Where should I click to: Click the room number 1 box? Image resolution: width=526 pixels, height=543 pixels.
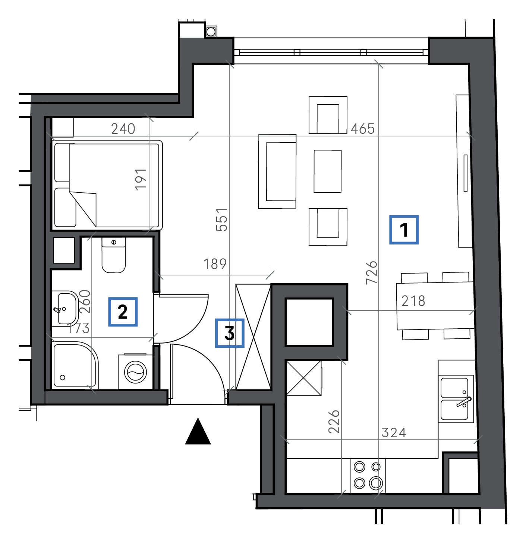(x=404, y=230)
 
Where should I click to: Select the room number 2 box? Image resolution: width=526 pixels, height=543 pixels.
(x=123, y=312)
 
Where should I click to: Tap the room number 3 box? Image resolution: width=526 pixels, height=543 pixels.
(x=229, y=333)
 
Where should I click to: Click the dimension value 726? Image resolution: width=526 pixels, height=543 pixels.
(x=372, y=273)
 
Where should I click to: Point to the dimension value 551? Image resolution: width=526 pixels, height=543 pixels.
(x=222, y=220)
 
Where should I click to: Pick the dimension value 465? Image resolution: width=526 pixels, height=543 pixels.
(x=362, y=129)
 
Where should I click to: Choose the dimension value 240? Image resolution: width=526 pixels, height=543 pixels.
(x=123, y=129)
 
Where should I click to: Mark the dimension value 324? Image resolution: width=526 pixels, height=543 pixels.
(x=394, y=433)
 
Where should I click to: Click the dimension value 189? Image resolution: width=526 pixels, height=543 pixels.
(x=215, y=264)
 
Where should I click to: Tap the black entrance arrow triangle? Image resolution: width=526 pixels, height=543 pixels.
(x=198, y=432)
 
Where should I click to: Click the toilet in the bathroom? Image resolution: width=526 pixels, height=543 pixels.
(x=114, y=255)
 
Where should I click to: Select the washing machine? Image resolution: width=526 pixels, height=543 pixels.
(x=135, y=372)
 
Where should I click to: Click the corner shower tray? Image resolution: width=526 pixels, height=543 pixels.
(x=75, y=365)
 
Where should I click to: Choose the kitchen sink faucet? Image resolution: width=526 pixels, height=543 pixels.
(x=464, y=401)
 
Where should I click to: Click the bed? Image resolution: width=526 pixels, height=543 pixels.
(x=107, y=185)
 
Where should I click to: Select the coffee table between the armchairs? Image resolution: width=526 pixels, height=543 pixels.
(x=327, y=171)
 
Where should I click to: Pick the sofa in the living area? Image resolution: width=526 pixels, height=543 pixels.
(x=277, y=171)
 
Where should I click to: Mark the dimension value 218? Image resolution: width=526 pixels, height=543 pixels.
(x=413, y=301)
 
